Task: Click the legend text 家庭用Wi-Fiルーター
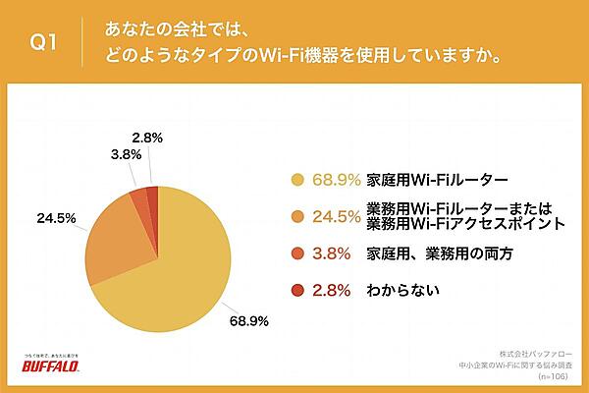click(x=423, y=180)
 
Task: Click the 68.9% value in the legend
click(x=336, y=180)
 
